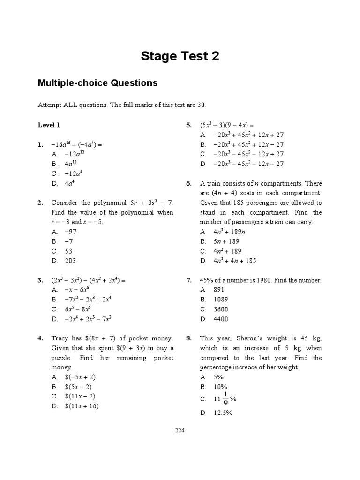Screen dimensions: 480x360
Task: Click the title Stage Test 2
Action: [x=180, y=57]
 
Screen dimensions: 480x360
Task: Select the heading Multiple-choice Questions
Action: [x=97, y=83]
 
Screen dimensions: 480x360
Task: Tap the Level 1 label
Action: [x=49, y=125]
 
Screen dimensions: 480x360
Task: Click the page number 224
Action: [x=180, y=431]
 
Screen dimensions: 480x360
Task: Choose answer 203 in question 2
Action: [x=70, y=261]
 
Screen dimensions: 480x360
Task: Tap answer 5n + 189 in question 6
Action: [x=220, y=241]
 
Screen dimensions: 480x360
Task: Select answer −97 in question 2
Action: [x=71, y=232]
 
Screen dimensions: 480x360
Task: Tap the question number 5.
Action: [x=189, y=125]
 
